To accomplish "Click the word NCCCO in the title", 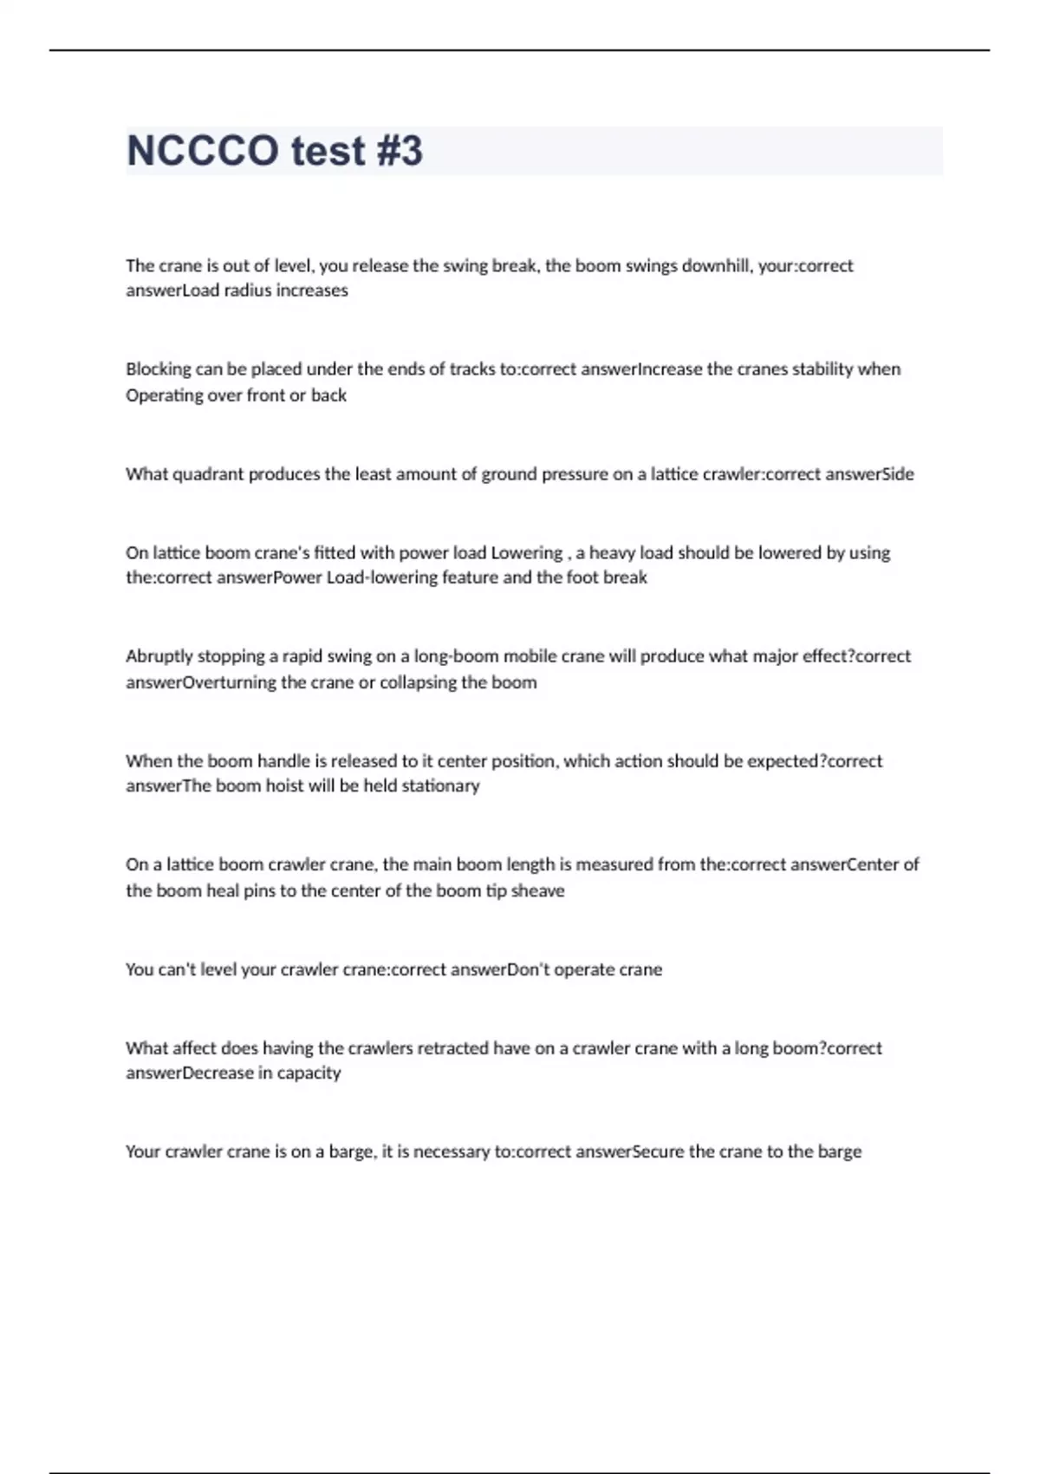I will pos(203,151).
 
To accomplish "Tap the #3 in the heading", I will pos(400,151).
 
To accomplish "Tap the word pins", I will pos(259,891).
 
